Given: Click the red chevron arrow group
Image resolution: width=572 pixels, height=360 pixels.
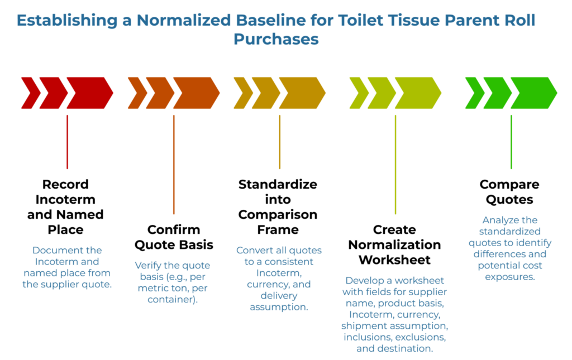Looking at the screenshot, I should click(x=67, y=93).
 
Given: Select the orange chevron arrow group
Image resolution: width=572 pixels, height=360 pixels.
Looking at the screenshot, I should click(x=174, y=93).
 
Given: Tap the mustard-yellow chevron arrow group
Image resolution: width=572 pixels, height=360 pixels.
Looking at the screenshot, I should click(x=279, y=93).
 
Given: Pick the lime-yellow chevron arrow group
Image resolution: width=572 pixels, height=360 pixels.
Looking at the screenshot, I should click(x=395, y=93).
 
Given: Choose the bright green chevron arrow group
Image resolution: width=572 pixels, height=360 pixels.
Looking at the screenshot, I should click(x=511, y=93).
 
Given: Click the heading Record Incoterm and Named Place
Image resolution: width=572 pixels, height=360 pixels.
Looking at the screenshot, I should click(x=65, y=207).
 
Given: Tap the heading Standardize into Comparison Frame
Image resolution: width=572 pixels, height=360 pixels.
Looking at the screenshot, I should click(x=278, y=207).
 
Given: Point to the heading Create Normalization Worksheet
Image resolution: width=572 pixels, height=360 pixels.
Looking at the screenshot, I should click(x=395, y=244).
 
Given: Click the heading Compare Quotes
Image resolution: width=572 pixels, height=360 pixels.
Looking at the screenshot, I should click(x=509, y=191).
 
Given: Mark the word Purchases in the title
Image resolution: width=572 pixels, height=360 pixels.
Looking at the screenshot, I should click(x=276, y=39).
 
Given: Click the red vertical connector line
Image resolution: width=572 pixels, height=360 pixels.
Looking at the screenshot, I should click(x=67, y=142).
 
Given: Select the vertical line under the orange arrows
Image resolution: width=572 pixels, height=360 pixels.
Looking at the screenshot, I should click(x=174, y=165).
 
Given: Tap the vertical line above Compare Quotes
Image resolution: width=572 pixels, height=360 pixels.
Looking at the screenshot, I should click(x=511, y=142).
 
